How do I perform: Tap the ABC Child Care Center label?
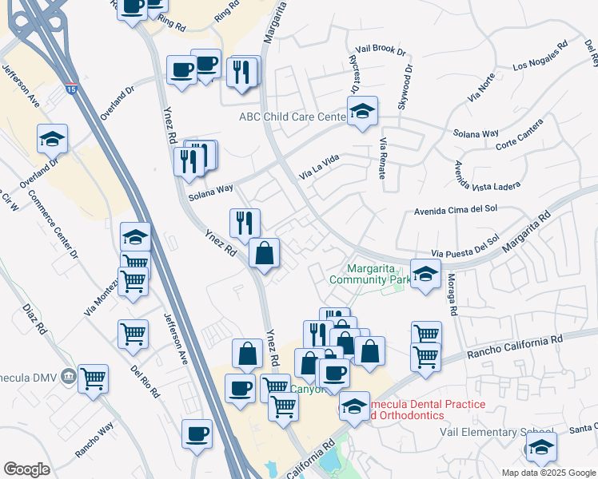click(x=293, y=117)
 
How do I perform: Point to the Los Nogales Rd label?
click(x=540, y=55)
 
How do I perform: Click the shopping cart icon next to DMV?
click(x=94, y=378)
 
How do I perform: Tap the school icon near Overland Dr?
click(x=53, y=139)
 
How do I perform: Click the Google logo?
click(x=26, y=469)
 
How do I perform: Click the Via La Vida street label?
click(x=319, y=166)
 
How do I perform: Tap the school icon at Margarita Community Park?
click(x=425, y=273)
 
